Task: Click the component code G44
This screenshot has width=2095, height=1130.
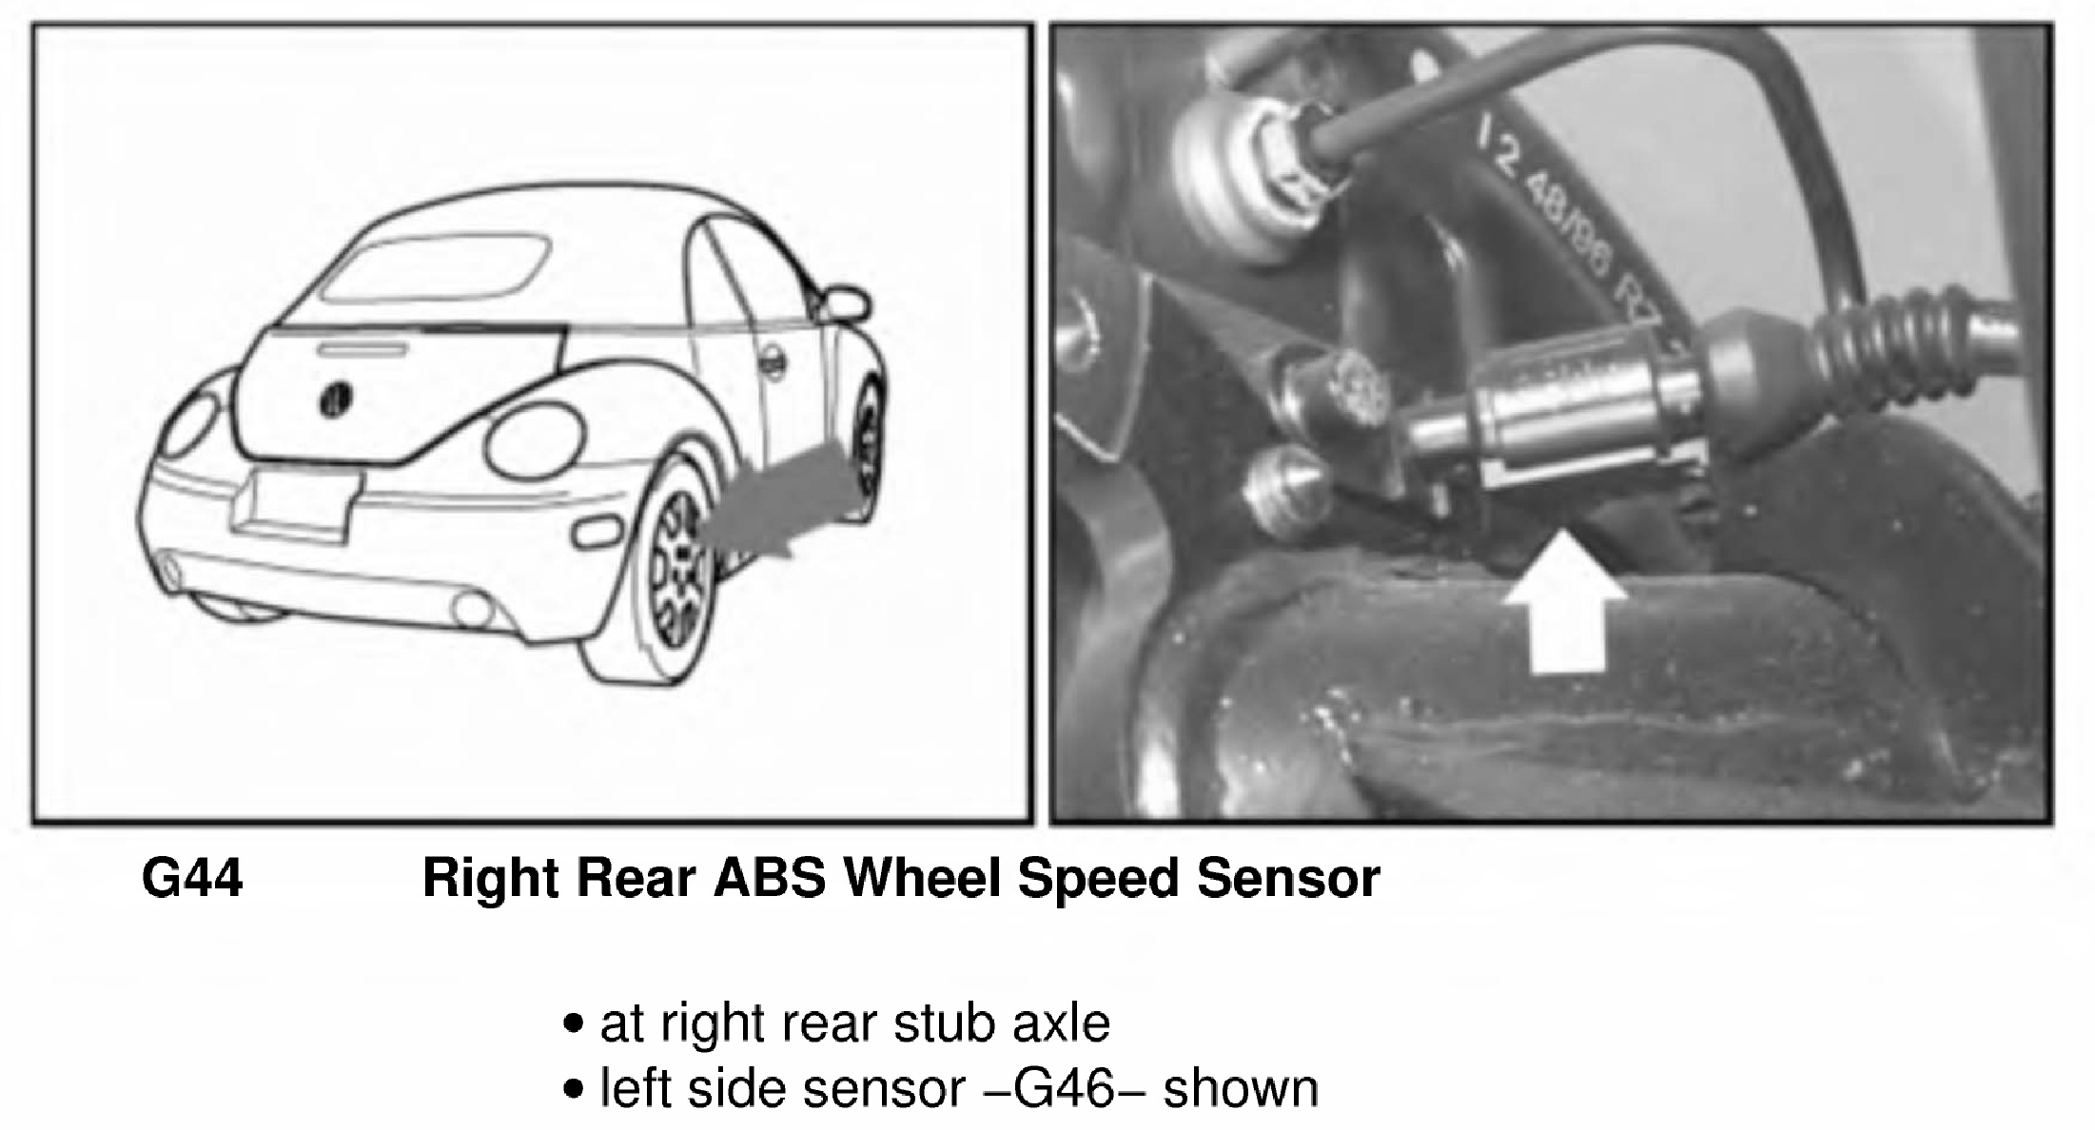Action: pos(192,877)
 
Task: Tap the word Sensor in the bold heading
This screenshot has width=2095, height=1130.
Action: pos(1288,877)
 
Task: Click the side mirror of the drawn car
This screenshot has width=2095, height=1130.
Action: pos(844,302)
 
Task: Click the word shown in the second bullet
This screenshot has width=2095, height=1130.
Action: pos(1241,1088)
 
